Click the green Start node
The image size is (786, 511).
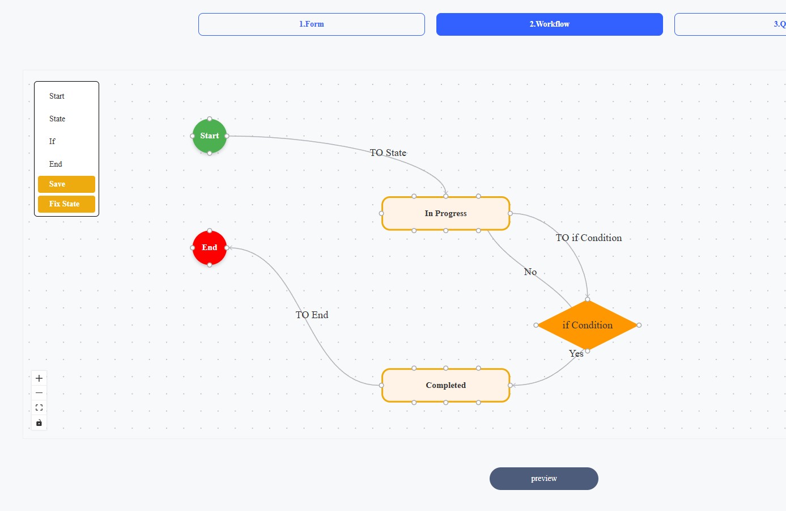coord(210,136)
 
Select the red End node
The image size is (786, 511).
coord(210,248)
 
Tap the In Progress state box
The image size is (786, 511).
coord(445,214)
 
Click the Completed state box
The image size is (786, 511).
coord(445,385)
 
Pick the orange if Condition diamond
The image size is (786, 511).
coord(588,325)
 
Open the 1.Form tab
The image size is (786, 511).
coord(312,24)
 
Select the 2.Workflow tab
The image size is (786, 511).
coord(550,24)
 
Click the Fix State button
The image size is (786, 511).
coord(67,204)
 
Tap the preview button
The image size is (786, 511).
coord(544,478)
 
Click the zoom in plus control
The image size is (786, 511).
coord(39,378)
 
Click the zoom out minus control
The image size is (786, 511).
coord(39,393)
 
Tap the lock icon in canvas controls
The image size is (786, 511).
coord(39,423)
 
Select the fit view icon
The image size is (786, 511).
coord(39,408)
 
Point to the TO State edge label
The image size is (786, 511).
coord(388,153)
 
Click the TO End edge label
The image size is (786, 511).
coord(312,315)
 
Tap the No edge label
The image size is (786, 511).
coord(530,272)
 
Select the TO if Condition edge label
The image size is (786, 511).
coord(589,238)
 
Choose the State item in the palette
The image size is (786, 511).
coord(57,119)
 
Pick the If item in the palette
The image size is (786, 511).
coord(52,141)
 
